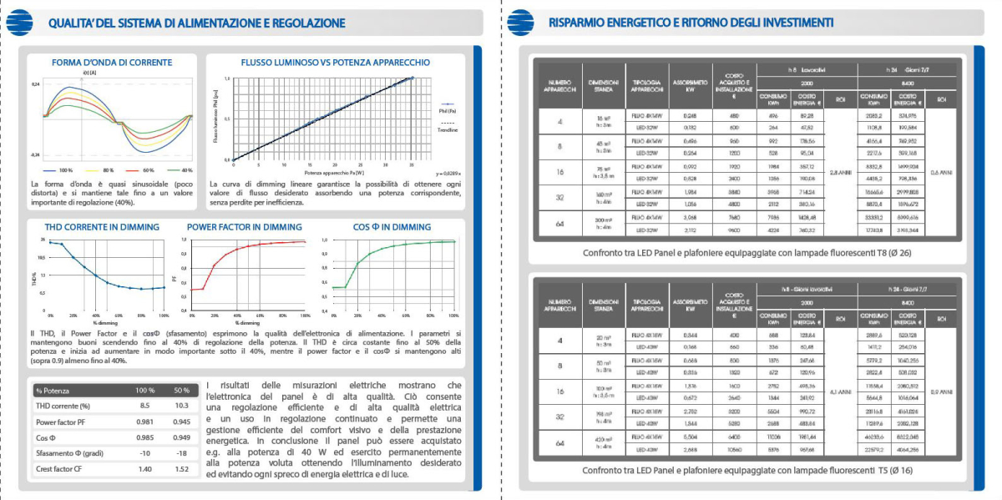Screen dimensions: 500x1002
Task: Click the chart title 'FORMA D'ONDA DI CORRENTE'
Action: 112,63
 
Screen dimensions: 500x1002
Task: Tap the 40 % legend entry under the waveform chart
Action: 182,170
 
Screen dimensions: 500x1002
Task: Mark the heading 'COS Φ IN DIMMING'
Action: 392,227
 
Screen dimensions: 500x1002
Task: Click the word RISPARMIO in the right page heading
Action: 577,23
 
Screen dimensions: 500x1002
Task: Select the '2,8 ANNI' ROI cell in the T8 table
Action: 840,172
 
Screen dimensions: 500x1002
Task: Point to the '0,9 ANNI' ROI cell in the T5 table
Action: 942,390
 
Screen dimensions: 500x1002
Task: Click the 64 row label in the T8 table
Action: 559,224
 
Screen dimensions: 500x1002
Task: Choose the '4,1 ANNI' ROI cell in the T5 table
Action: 840,390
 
